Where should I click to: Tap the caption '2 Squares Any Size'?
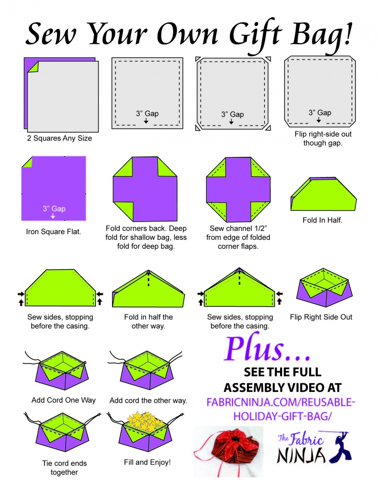coord(60,138)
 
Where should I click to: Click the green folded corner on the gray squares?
coord(33,67)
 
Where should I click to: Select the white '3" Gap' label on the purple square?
coord(54,208)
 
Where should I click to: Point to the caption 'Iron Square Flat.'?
coord(53,231)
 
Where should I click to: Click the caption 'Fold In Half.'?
coord(323,220)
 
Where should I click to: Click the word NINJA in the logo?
coord(301,455)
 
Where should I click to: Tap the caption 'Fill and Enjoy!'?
coord(147,462)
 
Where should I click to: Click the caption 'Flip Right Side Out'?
coord(321,317)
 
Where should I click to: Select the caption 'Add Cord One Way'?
coord(64,400)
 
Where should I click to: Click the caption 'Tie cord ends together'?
coord(64,468)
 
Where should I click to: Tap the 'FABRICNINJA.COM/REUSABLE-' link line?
coord(281,402)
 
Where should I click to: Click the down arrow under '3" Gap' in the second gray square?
coord(146,121)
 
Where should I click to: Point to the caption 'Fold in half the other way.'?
coord(148,321)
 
